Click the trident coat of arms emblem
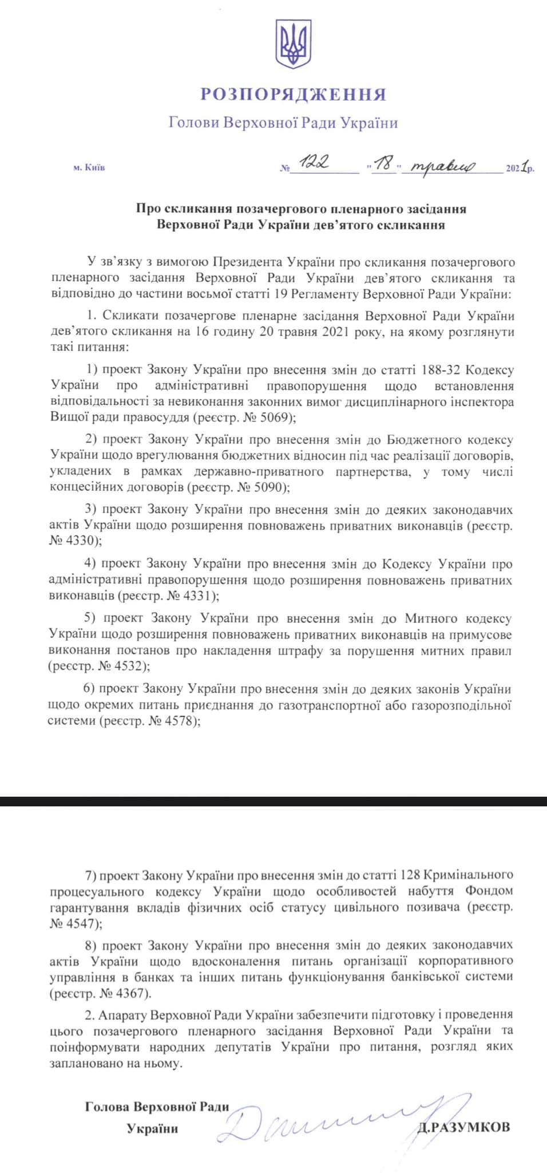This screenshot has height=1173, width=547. coord(294,44)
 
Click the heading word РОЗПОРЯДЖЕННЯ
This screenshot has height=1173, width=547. coord(293,94)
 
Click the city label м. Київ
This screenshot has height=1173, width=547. coord(89,168)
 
